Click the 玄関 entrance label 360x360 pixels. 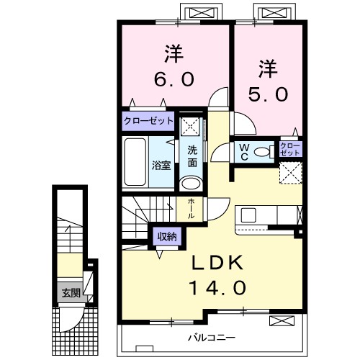pyautogui.click(x=71, y=293)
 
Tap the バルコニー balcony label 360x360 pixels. pyautogui.click(x=212, y=338)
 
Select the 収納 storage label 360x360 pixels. pyautogui.click(x=167, y=237)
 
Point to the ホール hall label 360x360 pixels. pyautogui.click(x=191, y=208)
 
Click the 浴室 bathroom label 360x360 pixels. pyautogui.click(x=161, y=166)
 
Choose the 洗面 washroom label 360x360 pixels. pyautogui.click(x=192, y=156)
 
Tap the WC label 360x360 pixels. pyautogui.click(x=244, y=152)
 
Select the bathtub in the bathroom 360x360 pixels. pyautogui.click(x=135, y=162)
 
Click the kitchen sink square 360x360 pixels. pyautogui.click(x=248, y=215)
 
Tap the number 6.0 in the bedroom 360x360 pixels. pyautogui.click(x=174, y=80)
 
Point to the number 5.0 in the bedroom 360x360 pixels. pyautogui.click(x=268, y=94)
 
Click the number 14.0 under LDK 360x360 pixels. pyautogui.click(x=218, y=288)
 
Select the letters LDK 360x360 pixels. pyautogui.click(x=217, y=263)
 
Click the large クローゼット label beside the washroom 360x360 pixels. pyautogui.click(x=148, y=121)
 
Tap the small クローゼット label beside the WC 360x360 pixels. pyautogui.click(x=290, y=149)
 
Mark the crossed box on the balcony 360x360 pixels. pyautogui.click(x=282, y=321)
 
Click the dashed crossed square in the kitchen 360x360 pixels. pyautogui.click(x=291, y=173)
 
